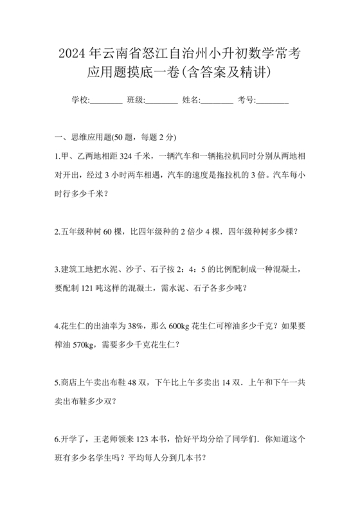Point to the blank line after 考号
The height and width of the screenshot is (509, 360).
tap(273, 101)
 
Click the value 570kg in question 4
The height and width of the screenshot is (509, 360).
tap(84, 344)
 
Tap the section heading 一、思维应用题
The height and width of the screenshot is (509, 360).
tap(84, 138)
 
